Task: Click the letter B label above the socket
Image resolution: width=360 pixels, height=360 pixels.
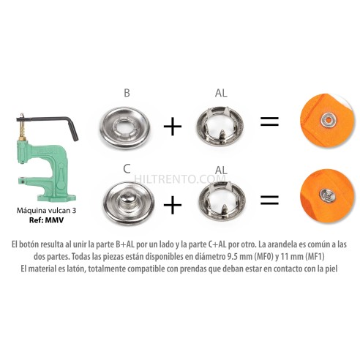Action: tap(127, 94)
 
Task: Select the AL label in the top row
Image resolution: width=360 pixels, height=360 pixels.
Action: tap(221, 94)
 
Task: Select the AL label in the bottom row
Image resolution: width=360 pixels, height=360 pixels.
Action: tap(221, 169)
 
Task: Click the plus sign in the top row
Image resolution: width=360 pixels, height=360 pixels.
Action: tap(172, 126)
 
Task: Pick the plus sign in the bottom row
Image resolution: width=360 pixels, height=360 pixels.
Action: tap(172, 203)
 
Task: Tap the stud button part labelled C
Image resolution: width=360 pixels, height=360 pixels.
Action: tap(127, 200)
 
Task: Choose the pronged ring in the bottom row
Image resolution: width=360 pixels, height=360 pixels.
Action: tap(221, 200)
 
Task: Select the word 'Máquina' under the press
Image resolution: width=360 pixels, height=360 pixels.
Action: tap(31, 210)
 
